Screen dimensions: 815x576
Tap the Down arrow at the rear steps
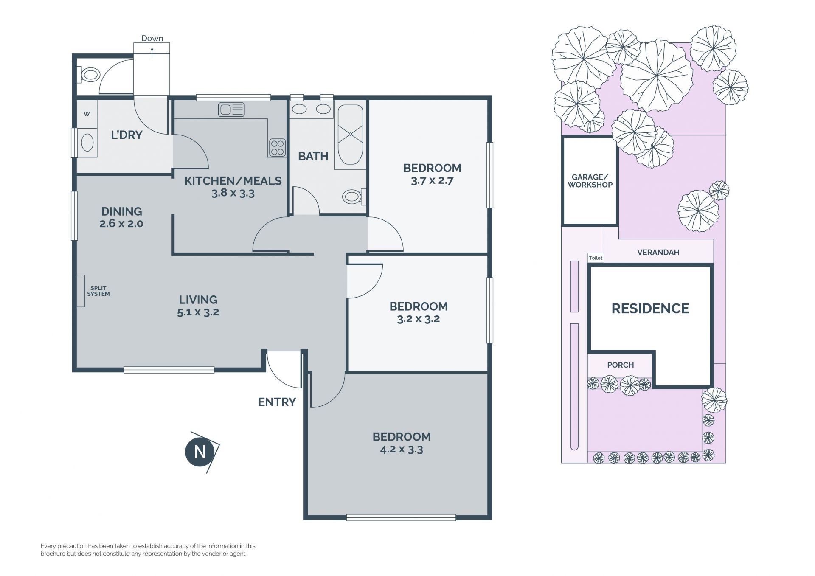tap(152, 53)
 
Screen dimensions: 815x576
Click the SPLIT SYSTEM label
tap(98, 291)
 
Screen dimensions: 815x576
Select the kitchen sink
tap(231, 110)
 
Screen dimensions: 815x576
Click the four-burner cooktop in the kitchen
tap(277, 148)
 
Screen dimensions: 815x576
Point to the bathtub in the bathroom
tap(351, 134)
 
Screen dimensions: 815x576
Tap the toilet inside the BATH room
tap(354, 196)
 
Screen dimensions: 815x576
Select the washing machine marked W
tap(87, 114)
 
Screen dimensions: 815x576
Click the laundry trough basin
tap(87, 143)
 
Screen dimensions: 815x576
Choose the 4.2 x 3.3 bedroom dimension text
tap(402, 450)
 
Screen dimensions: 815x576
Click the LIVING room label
tap(198, 300)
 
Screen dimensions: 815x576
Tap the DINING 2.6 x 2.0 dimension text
tap(121, 224)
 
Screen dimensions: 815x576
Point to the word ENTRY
tap(277, 402)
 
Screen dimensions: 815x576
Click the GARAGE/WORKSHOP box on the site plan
tap(590, 181)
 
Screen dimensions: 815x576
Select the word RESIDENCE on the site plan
tap(650, 309)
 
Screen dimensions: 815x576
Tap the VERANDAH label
tap(658, 252)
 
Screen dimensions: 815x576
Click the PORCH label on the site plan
tap(621, 365)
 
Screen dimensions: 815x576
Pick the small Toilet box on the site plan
tap(596, 258)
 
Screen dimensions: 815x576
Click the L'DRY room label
tap(126, 135)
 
